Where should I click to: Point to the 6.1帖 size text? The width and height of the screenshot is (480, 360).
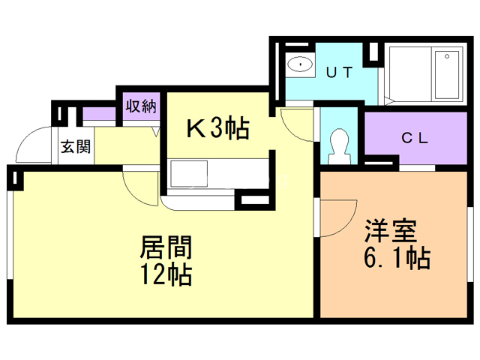pyautogui.click(x=396, y=259)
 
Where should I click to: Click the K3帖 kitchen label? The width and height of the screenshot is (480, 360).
pyautogui.click(x=217, y=129)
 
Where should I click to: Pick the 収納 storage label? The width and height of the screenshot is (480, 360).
pyautogui.click(x=141, y=106)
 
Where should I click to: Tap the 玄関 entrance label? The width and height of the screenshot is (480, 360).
pyautogui.click(x=75, y=146)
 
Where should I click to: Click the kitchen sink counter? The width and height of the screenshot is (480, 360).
pyautogui.click(x=217, y=177)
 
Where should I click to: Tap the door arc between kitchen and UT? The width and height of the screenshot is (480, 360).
pyautogui.click(x=295, y=124)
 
